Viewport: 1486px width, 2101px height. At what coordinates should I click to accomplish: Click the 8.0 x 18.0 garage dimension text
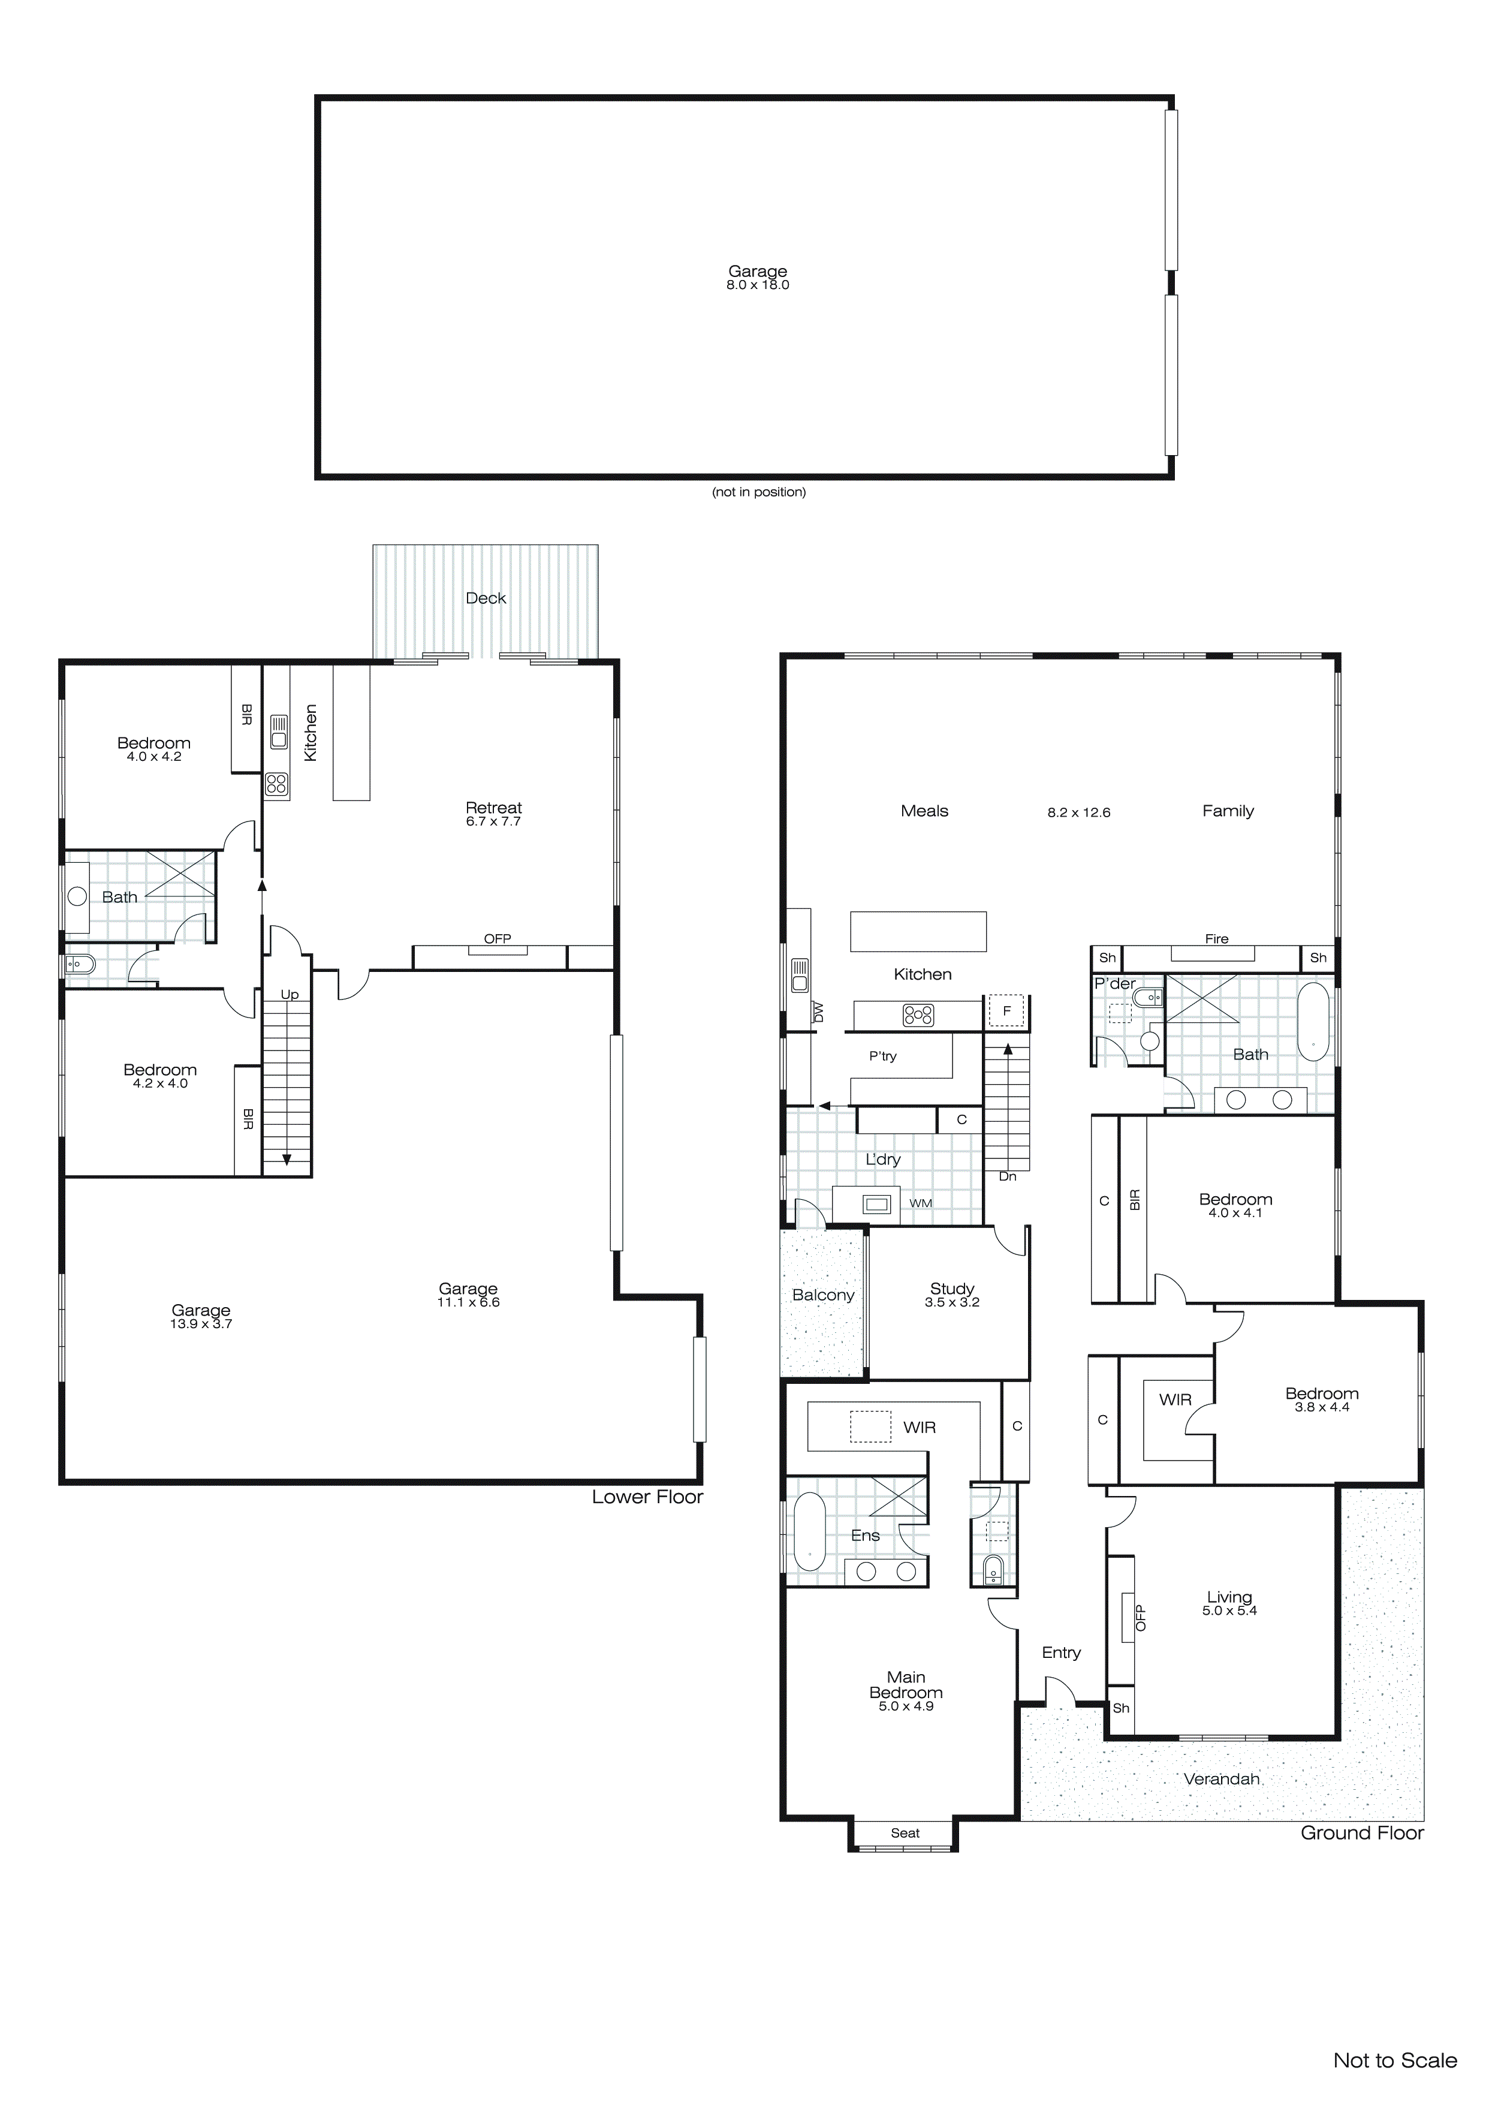[x=758, y=285]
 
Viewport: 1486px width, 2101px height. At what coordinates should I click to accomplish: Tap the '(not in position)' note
[x=758, y=492]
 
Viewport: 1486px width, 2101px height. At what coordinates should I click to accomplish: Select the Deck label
[x=486, y=598]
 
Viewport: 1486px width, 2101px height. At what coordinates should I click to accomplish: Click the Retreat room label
[x=493, y=807]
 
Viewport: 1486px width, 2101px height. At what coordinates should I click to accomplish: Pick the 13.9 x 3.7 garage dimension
[x=201, y=1323]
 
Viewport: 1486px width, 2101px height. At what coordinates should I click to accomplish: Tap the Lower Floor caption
[x=647, y=1497]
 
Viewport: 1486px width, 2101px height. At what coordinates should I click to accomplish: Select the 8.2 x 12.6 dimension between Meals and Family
[x=1079, y=812]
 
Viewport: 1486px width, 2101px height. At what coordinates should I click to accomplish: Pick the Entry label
[x=1062, y=1652]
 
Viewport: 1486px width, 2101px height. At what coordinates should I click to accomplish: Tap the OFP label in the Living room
[x=1140, y=1618]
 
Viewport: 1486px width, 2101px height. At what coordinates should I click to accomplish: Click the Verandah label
[x=1222, y=1779]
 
